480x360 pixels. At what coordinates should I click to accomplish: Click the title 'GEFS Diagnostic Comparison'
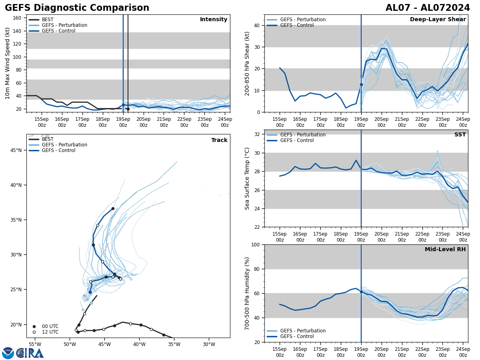coord(77,8)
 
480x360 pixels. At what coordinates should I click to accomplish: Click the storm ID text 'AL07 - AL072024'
coord(428,8)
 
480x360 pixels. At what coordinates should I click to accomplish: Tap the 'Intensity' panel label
coord(214,20)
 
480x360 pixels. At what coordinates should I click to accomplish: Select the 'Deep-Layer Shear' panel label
coord(438,20)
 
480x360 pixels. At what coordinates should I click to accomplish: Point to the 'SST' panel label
coord(460,135)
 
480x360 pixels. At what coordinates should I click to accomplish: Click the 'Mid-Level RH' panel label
coord(445,250)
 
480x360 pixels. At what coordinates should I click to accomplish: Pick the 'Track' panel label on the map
coord(219,140)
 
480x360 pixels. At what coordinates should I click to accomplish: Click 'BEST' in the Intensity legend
coord(48,20)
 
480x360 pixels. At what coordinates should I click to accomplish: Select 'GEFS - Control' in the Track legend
coord(58,150)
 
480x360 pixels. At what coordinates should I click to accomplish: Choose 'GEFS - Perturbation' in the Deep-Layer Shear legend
coord(303,20)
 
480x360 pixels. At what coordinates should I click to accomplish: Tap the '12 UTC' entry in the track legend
coord(50,332)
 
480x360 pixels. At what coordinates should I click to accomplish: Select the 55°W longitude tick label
coord(35,344)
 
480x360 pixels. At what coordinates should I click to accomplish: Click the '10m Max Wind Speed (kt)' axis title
coord(8,63)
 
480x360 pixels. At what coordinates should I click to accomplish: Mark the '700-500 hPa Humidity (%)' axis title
coord(247,293)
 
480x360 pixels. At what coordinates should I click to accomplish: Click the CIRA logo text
coord(30,353)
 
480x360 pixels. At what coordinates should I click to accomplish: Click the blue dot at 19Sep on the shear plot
coord(361,84)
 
